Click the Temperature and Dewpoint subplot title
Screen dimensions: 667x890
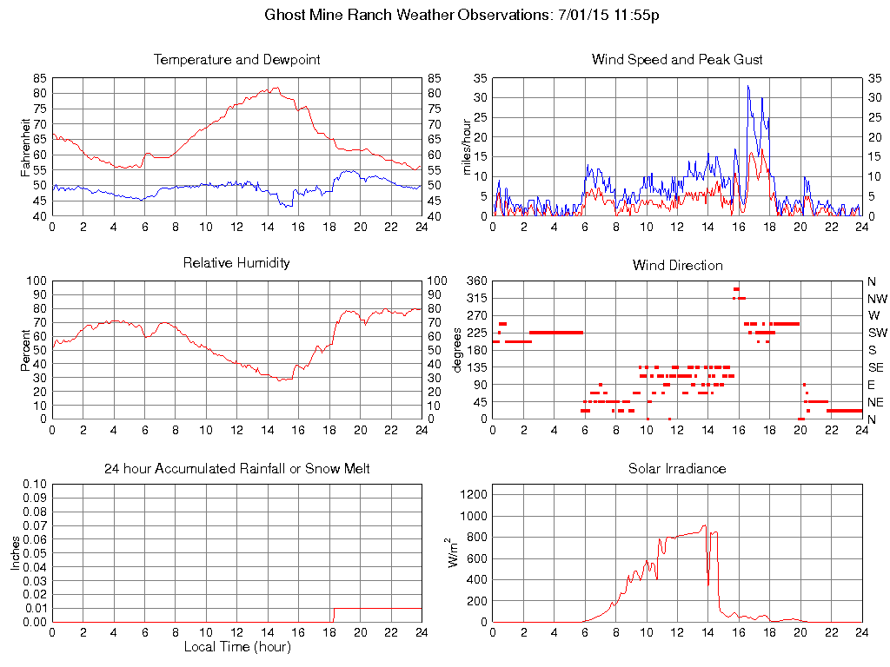236,60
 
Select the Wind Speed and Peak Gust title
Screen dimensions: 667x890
677,60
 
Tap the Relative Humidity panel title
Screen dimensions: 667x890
236,262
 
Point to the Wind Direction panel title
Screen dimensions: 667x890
677,265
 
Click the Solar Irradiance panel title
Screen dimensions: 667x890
677,468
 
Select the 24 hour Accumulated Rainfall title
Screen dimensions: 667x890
236,468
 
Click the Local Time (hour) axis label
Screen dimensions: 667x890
236,646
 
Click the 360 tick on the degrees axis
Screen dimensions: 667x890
478,281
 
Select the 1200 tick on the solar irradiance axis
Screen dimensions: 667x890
475,494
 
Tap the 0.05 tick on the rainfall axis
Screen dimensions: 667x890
36,554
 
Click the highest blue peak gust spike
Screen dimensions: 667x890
747,85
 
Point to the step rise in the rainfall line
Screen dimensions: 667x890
333,615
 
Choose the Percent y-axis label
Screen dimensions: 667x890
26,349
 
